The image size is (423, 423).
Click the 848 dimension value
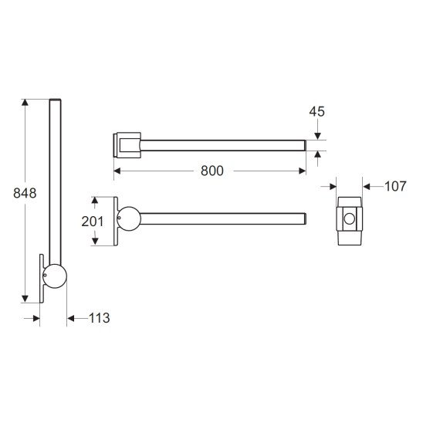pos(25,193)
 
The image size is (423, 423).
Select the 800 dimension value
pos(212,171)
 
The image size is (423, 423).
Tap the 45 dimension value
pos(317,111)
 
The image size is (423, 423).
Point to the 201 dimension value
pos(93,222)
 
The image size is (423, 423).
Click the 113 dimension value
pos(100,318)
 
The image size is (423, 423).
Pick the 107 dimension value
pos(395,186)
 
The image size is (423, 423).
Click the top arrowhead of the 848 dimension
pos(25,103)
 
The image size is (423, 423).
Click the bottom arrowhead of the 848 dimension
pos(25,299)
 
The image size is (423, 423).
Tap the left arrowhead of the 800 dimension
pos(117,171)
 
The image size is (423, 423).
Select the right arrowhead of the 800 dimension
pos(303,171)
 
